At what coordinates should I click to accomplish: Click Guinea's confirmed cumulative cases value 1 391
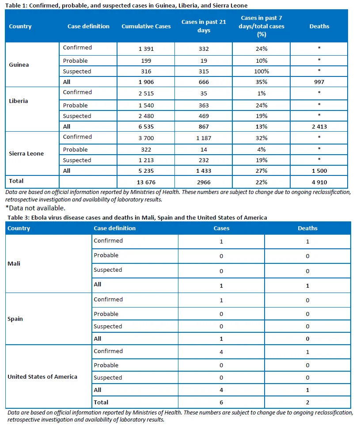(146, 49)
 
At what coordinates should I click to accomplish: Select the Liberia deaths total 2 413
(319, 126)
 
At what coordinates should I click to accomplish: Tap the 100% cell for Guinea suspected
(261, 72)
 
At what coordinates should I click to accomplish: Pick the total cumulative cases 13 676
(146, 183)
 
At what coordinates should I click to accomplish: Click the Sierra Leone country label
(27, 153)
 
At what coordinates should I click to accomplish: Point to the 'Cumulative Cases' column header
(146, 27)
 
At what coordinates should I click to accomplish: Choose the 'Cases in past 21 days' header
(204, 26)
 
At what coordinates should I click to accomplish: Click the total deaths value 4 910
(319, 183)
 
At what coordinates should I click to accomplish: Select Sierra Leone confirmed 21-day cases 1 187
(204, 138)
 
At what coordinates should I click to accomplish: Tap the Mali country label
(14, 263)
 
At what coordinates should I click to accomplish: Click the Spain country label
(15, 319)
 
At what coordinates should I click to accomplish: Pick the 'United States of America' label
(42, 377)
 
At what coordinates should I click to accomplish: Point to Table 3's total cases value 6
(221, 403)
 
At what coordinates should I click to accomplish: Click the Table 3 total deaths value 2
(307, 403)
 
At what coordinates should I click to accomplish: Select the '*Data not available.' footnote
(36, 208)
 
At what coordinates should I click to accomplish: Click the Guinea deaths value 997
(319, 82)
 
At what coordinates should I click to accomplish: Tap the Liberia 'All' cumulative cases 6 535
(146, 126)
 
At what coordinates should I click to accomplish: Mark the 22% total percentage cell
(261, 183)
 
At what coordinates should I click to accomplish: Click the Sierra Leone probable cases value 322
(146, 150)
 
